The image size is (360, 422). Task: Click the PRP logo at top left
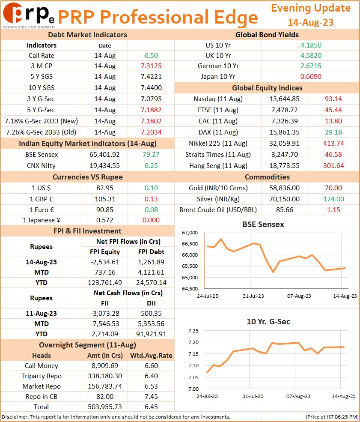(29, 15)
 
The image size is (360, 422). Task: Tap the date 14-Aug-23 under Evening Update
(310, 22)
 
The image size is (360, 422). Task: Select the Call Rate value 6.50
(151, 56)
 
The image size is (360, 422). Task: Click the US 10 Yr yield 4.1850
(311, 45)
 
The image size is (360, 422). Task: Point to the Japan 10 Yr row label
(218, 77)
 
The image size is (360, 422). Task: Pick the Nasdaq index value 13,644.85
(284, 99)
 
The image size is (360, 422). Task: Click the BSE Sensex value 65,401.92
(104, 155)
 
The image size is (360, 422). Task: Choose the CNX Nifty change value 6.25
(151, 166)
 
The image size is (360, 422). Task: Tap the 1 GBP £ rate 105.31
(105, 199)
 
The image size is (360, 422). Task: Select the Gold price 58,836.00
(284, 188)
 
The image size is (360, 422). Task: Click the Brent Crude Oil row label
(218, 210)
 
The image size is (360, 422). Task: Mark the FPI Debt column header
(151, 252)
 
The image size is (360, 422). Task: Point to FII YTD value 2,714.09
(104, 334)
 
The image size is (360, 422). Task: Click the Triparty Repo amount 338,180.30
(104, 376)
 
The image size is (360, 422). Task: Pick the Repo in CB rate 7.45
(151, 397)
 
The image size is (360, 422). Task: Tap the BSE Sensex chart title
(263, 224)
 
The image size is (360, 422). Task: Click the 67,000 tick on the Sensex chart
(190, 233)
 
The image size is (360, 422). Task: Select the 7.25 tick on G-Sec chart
(193, 331)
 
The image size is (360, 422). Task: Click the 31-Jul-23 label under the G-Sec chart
(253, 396)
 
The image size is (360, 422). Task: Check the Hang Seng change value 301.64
(333, 166)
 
